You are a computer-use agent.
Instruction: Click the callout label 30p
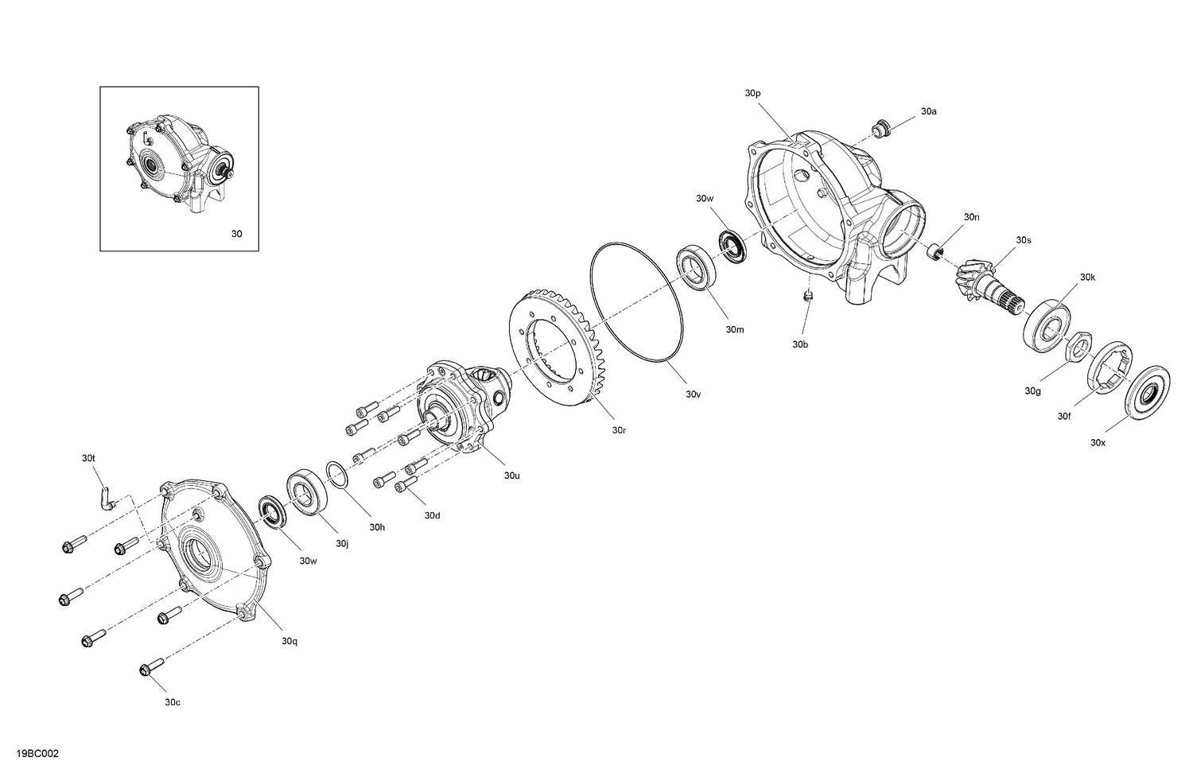(752, 93)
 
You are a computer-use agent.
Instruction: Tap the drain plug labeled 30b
(806, 297)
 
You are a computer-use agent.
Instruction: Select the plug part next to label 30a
(880, 127)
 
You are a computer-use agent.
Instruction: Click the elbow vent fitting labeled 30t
(106, 498)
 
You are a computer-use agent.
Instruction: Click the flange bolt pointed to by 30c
(151, 669)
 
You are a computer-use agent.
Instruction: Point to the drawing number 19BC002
(37, 753)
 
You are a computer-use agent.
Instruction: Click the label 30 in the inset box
(236, 234)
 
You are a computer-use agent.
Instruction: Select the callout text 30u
(511, 476)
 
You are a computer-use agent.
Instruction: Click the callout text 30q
(289, 640)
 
